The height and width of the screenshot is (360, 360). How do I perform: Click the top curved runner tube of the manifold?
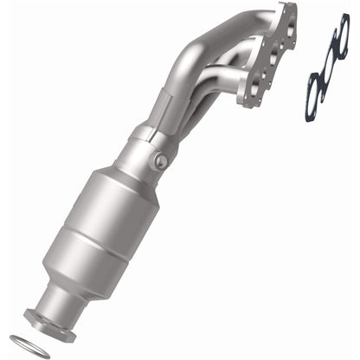coord(216,30)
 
